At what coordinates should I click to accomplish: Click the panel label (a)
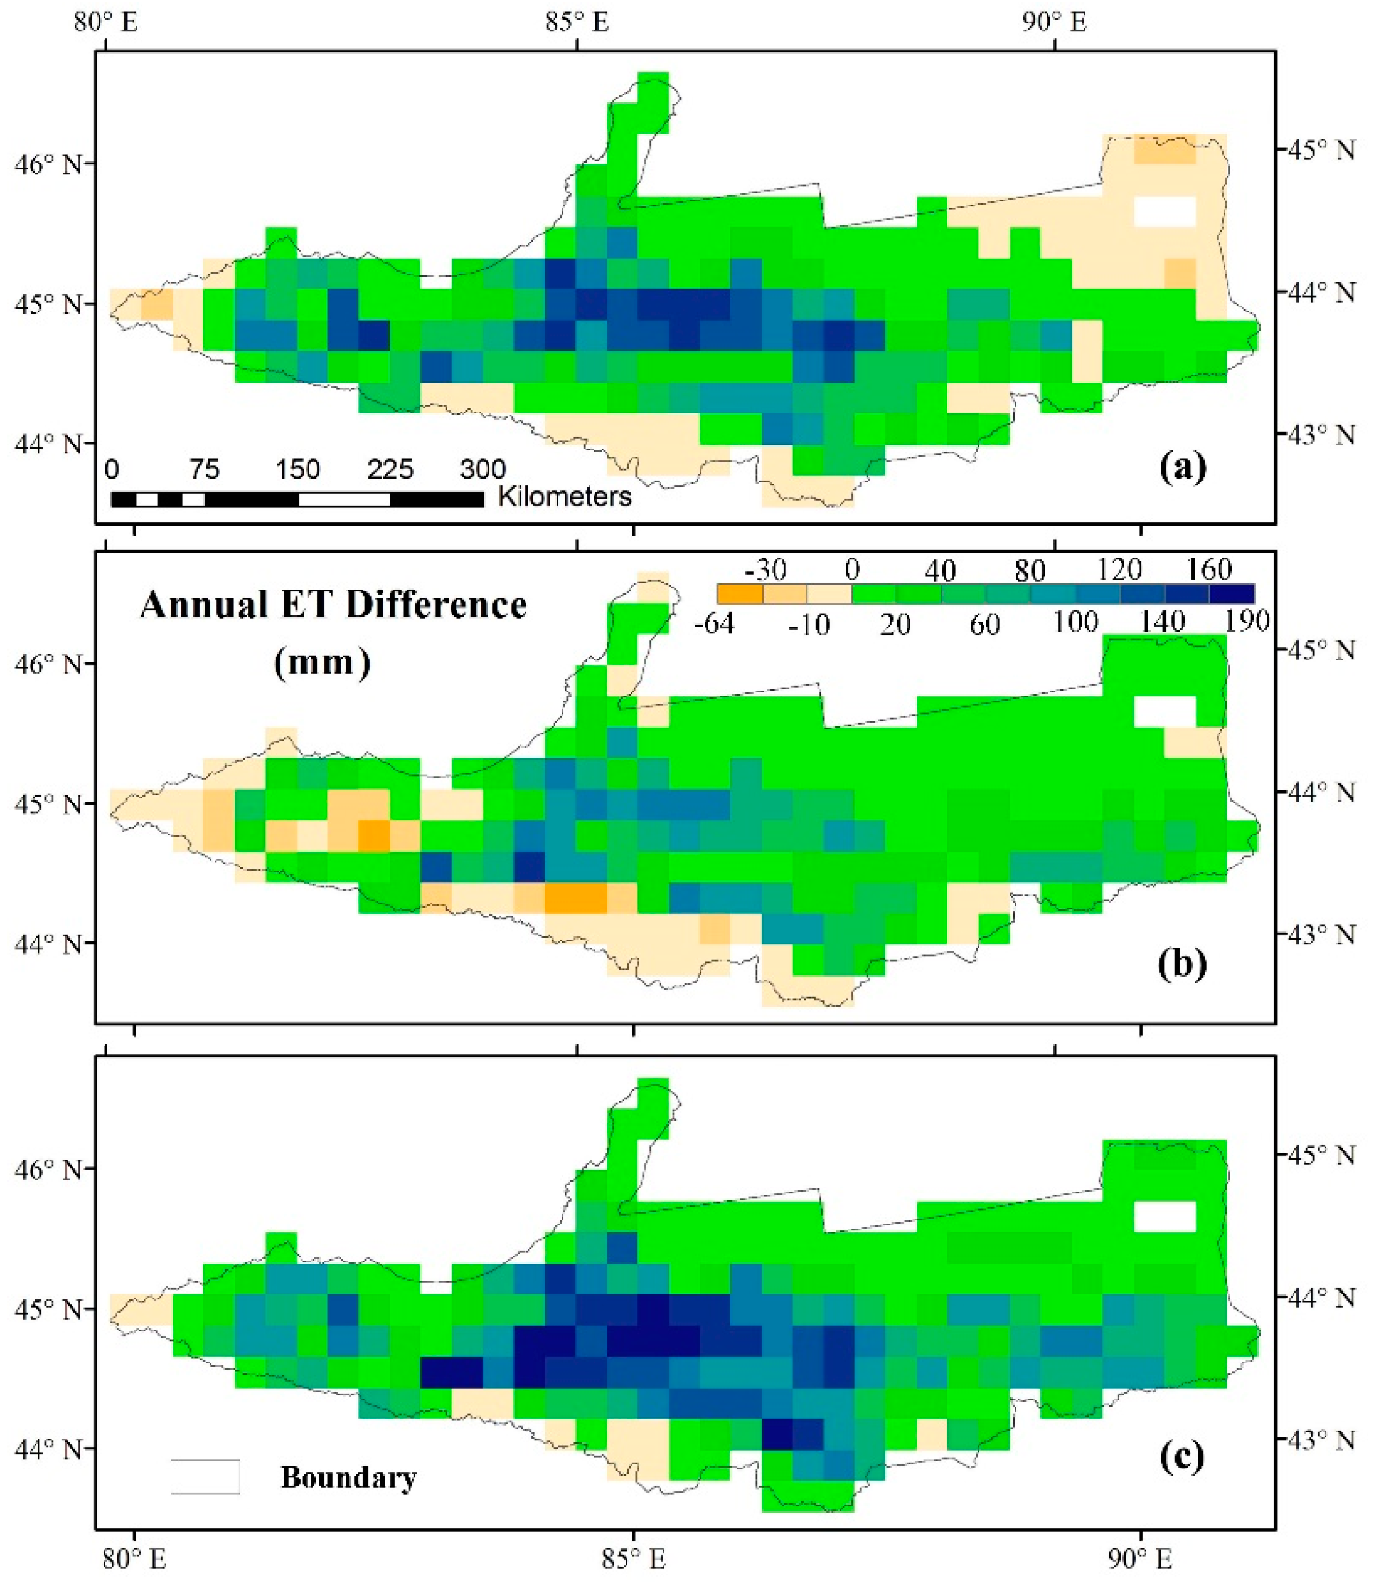pyautogui.click(x=1182, y=466)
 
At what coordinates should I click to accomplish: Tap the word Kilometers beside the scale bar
pyautogui.click(x=565, y=497)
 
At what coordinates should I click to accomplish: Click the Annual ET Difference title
pyautogui.click(x=333, y=606)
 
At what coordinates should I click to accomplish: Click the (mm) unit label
pyautogui.click(x=322, y=662)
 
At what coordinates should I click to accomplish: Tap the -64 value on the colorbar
pyautogui.click(x=714, y=623)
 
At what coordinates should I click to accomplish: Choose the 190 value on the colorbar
pyautogui.click(x=1246, y=620)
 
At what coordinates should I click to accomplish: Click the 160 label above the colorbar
pyautogui.click(x=1209, y=569)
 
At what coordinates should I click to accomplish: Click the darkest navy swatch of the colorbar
pyautogui.click(x=1231, y=594)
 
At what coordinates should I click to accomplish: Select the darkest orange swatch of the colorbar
pyautogui.click(x=739, y=594)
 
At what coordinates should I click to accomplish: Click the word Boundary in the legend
pyautogui.click(x=348, y=1477)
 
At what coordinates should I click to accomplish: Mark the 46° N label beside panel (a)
pyautogui.click(x=47, y=164)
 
